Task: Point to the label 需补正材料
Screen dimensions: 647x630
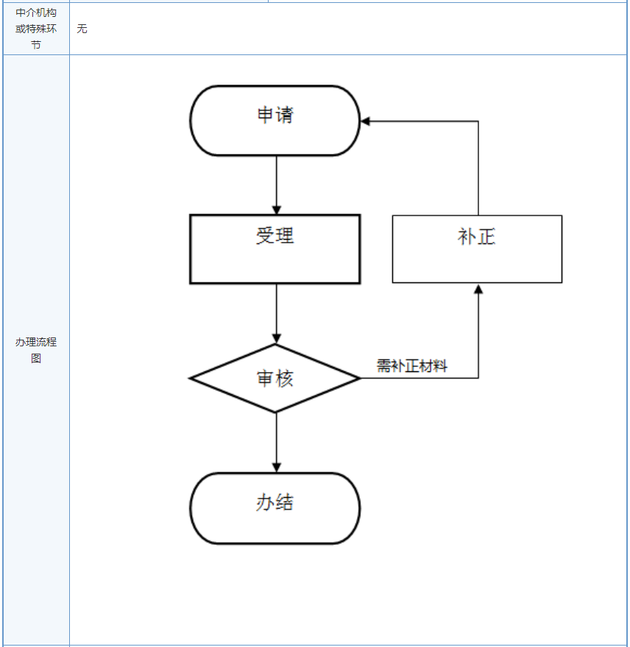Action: pyautogui.click(x=412, y=366)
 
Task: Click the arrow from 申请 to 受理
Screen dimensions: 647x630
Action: pyautogui.click(x=277, y=184)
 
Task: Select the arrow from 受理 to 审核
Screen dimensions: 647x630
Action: pyautogui.click(x=277, y=313)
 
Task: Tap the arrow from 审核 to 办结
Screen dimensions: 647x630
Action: pyautogui.click(x=277, y=441)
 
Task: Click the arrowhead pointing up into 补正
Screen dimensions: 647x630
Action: pyautogui.click(x=478, y=289)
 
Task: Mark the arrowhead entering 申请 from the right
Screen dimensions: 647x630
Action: pyautogui.click(x=366, y=121)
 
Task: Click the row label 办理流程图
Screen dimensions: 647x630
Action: pyautogui.click(x=36, y=350)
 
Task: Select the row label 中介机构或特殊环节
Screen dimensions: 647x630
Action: pyautogui.click(x=36, y=29)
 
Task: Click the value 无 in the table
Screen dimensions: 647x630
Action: pyautogui.click(x=82, y=29)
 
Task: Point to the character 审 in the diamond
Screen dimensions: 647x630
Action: pyautogui.click(x=266, y=379)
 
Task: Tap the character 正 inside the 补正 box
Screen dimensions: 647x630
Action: pyautogui.click(x=486, y=237)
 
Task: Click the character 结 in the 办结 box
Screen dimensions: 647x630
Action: pyautogui.click(x=285, y=503)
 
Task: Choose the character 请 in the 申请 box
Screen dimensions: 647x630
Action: pyautogui.click(x=285, y=115)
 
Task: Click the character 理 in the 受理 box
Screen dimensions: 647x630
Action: pyautogui.click(x=285, y=235)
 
